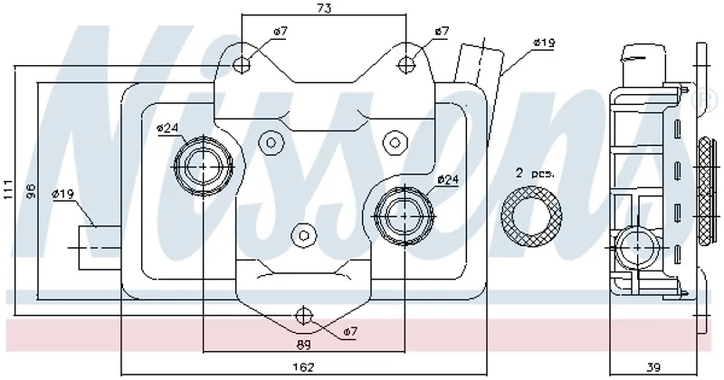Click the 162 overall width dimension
tap(304, 366)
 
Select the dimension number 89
tap(304, 345)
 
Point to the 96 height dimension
tap(30, 192)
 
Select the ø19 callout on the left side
tap(62, 194)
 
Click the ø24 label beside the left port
tap(167, 128)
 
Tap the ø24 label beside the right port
tap(448, 180)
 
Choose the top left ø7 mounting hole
tap(242, 63)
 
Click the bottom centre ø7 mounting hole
tap(304, 316)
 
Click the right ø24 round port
tap(404, 214)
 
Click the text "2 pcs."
tap(534, 172)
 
